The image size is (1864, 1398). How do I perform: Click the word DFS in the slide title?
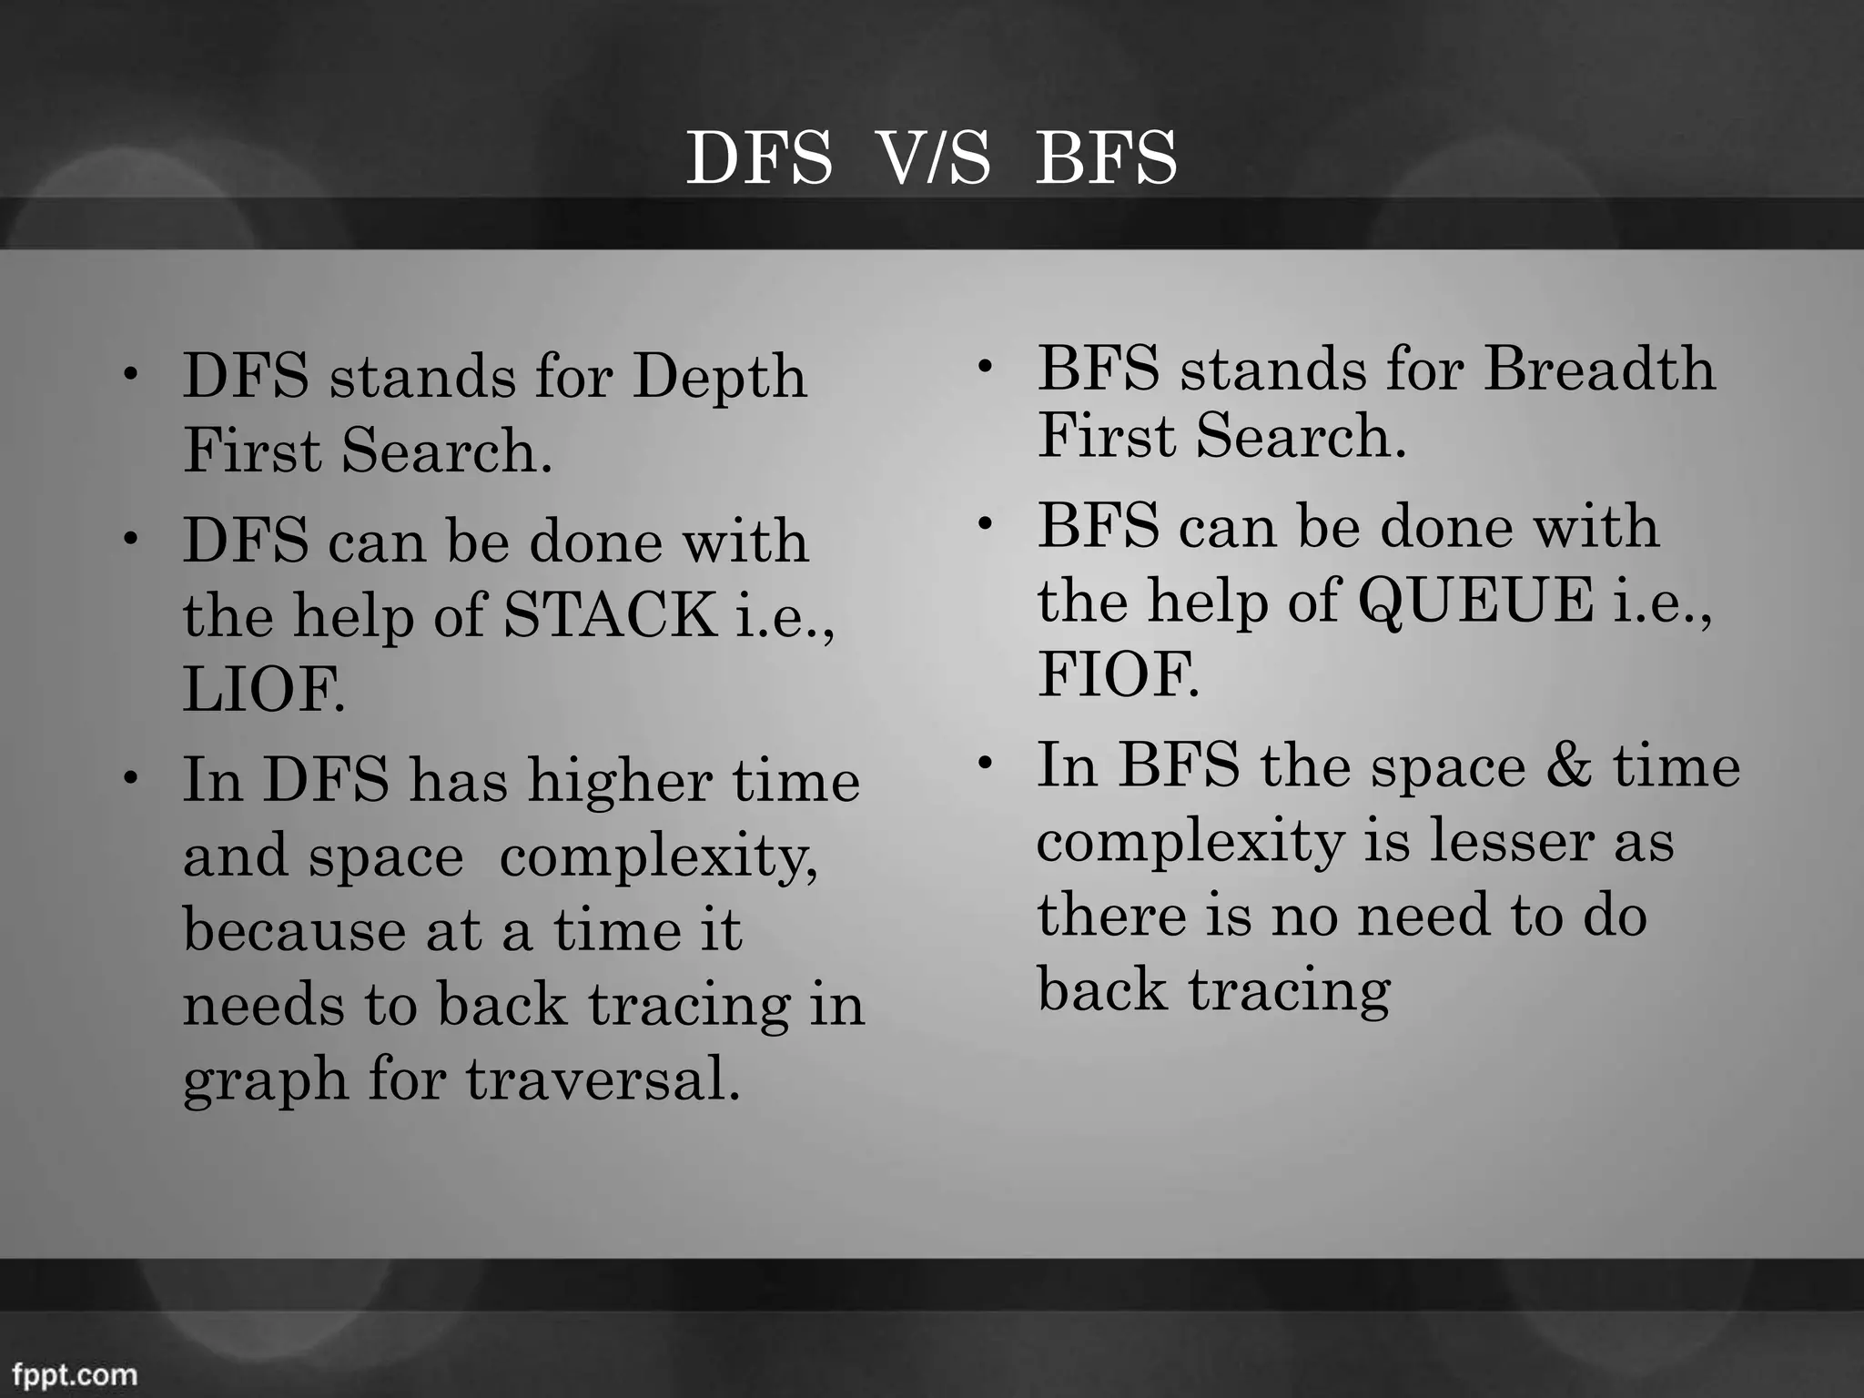click(758, 158)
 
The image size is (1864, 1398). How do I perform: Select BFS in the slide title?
click(1106, 158)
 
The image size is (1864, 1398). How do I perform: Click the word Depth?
click(719, 377)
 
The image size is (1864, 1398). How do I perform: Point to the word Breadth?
click(1599, 370)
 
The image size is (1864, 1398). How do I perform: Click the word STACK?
click(609, 615)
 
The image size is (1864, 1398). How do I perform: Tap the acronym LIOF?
click(263, 690)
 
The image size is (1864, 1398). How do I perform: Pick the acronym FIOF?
click(1118, 675)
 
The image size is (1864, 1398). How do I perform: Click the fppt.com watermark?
click(75, 1374)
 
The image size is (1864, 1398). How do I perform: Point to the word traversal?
click(602, 1079)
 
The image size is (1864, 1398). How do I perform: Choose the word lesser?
click(1511, 841)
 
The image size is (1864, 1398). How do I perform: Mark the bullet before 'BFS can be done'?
click(984, 525)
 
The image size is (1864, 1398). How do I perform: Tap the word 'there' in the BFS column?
click(1111, 916)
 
